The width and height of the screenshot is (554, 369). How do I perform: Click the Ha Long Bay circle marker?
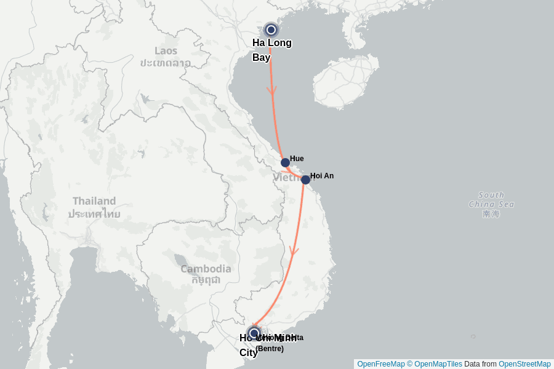(271, 30)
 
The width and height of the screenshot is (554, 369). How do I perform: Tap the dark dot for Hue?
(285, 162)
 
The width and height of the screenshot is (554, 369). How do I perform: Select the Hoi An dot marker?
(305, 180)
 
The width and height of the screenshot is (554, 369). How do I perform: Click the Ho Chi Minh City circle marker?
(254, 333)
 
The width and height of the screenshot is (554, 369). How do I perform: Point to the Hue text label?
(297, 159)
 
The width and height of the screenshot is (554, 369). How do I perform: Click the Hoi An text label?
(321, 176)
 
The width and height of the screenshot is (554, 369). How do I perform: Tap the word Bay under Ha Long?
(261, 57)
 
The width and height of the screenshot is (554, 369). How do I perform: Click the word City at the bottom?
(249, 352)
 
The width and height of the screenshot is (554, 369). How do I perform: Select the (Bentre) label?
(270, 349)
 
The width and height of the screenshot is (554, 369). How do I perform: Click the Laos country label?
(166, 51)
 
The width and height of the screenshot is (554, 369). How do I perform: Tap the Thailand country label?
(94, 201)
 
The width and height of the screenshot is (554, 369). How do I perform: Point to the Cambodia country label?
(206, 269)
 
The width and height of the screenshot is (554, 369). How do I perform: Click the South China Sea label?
(491, 200)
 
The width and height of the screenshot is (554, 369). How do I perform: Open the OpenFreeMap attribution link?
(380, 364)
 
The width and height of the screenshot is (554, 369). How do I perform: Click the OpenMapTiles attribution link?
(438, 364)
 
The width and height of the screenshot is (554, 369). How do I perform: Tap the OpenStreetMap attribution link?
(524, 364)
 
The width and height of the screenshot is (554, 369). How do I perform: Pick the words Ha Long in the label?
(272, 42)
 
